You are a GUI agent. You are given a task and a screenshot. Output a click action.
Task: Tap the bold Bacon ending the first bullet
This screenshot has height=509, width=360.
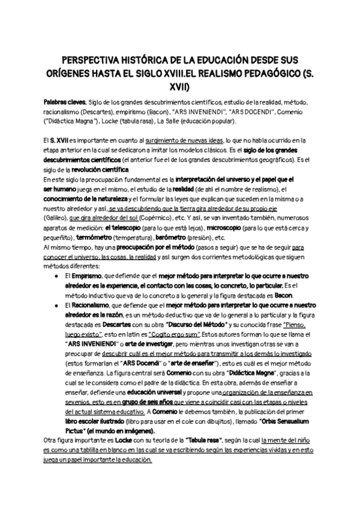coord(283,295)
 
